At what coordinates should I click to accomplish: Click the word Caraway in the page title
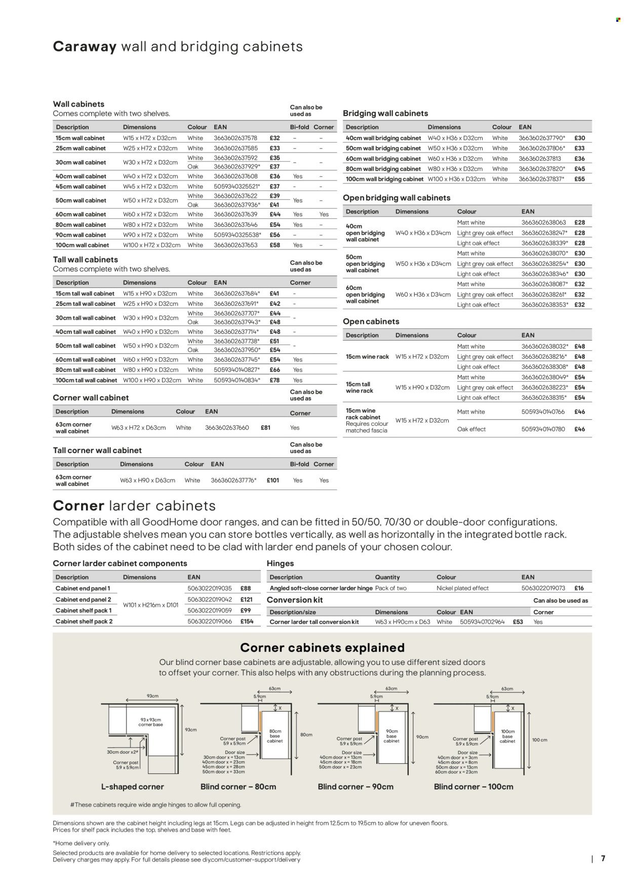pyautogui.click(x=85, y=47)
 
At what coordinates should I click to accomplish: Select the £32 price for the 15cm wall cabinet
pyautogui.click(x=274, y=138)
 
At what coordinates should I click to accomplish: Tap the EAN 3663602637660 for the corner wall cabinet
pyautogui.click(x=227, y=428)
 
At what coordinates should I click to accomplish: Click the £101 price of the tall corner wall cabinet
pyautogui.click(x=272, y=480)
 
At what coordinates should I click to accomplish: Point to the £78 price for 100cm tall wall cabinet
pyautogui.click(x=274, y=380)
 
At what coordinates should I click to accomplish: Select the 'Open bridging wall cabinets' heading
pyautogui.click(x=397, y=198)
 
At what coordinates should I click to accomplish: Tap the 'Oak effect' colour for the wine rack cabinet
pyautogui.click(x=471, y=429)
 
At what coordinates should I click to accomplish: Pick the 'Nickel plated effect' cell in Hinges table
pyautogui.click(x=462, y=588)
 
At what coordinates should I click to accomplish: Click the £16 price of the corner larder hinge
pyautogui.click(x=579, y=588)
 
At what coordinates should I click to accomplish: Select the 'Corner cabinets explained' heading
pyautogui.click(x=322, y=648)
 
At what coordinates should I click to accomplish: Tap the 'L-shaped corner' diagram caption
pyautogui.click(x=133, y=787)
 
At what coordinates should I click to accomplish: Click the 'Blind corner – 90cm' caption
pyautogui.click(x=355, y=787)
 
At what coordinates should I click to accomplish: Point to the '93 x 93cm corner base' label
pyautogui.click(x=151, y=722)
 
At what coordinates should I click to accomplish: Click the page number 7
pyautogui.click(x=603, y=859)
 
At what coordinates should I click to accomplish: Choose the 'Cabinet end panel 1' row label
pyautogui.click(x=83, y=588)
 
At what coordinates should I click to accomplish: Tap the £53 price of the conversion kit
pyautogui.click(x=518, y=622)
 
